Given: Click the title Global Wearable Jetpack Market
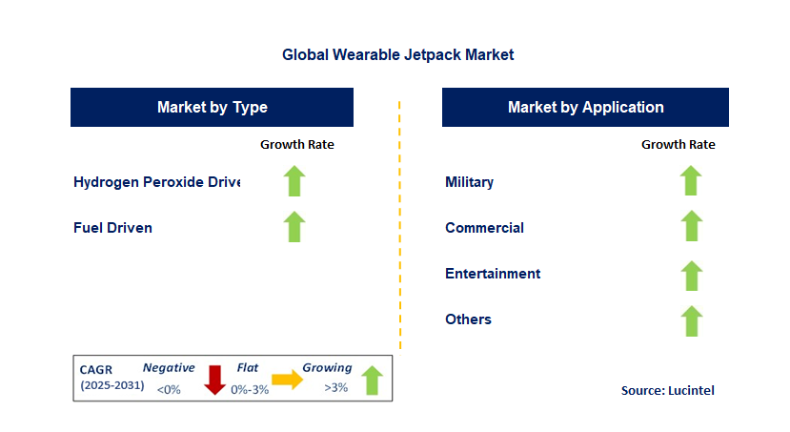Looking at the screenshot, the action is click(x=397, y=54).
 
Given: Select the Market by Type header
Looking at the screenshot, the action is click(x=212, y=107).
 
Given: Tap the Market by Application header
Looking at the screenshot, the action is click(x=585, y=107).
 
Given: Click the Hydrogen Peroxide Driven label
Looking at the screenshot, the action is click(x=156, y=182).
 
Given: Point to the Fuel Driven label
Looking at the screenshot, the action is click(x=112, y=228).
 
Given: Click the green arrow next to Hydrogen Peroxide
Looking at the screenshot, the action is click(x=294, y=180).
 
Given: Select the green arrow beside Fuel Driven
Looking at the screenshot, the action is click(x=294, y=226).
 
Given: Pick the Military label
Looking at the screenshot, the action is click(x=469, y=182).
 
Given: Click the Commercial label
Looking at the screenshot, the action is click(x=484, y=228).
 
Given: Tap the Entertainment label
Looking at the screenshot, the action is click(x=493, y=274).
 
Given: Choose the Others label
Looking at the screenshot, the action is click(x=468, y=319).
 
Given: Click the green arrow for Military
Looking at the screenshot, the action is click(x=691, y=180).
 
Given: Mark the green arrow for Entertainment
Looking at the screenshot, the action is click(x=691, y=276).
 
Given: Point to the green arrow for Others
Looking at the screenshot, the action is click(x=691, y=320).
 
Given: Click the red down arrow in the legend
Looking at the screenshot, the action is click(x=214, y=380).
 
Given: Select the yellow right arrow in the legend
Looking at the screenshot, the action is click(x=287, y=380).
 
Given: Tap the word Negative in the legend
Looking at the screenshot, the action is click(x=169, y=368).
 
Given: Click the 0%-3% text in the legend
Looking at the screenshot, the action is click(x=250, y=390).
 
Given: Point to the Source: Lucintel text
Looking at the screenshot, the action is click(x=668, y=391).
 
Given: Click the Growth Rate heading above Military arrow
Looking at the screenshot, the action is click(x=679, y=145).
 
